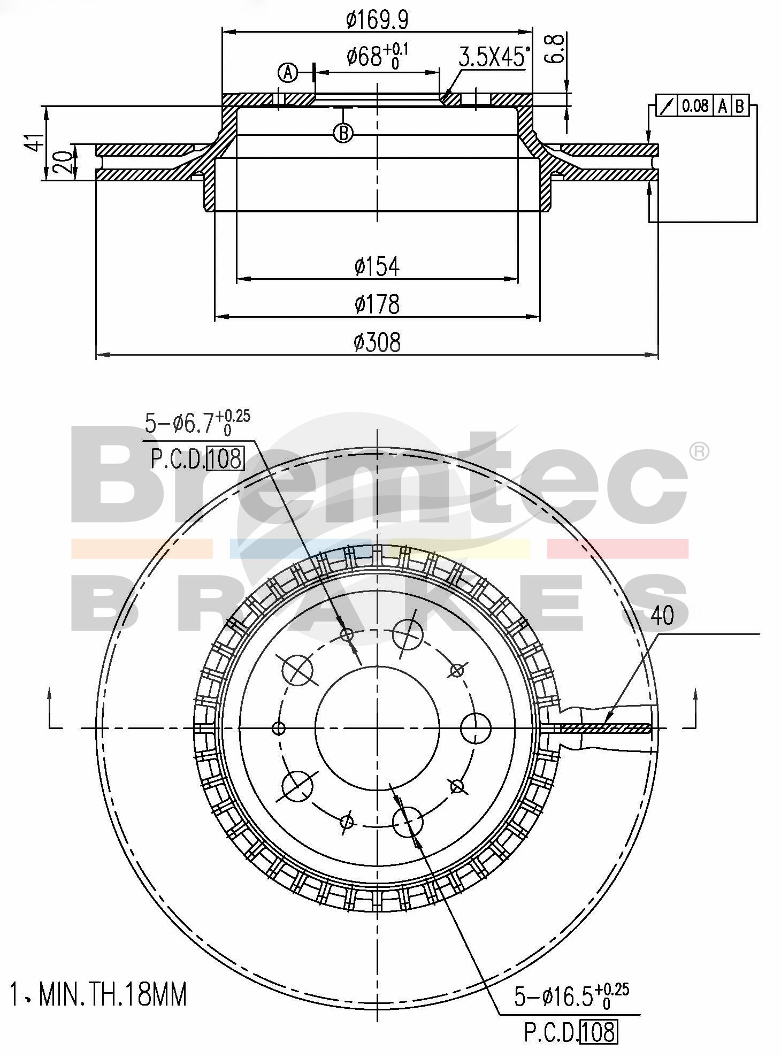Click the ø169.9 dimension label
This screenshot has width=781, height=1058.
pos(377,20)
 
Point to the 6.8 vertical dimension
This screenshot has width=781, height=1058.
pos(555,49)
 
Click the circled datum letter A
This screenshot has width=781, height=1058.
pos(288,72)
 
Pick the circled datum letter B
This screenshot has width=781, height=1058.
pos(343,133)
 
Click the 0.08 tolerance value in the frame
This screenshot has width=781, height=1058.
pos(695,105)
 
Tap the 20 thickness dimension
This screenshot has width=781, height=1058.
pos(62,163)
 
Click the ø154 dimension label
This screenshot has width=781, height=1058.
pos(377,266)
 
